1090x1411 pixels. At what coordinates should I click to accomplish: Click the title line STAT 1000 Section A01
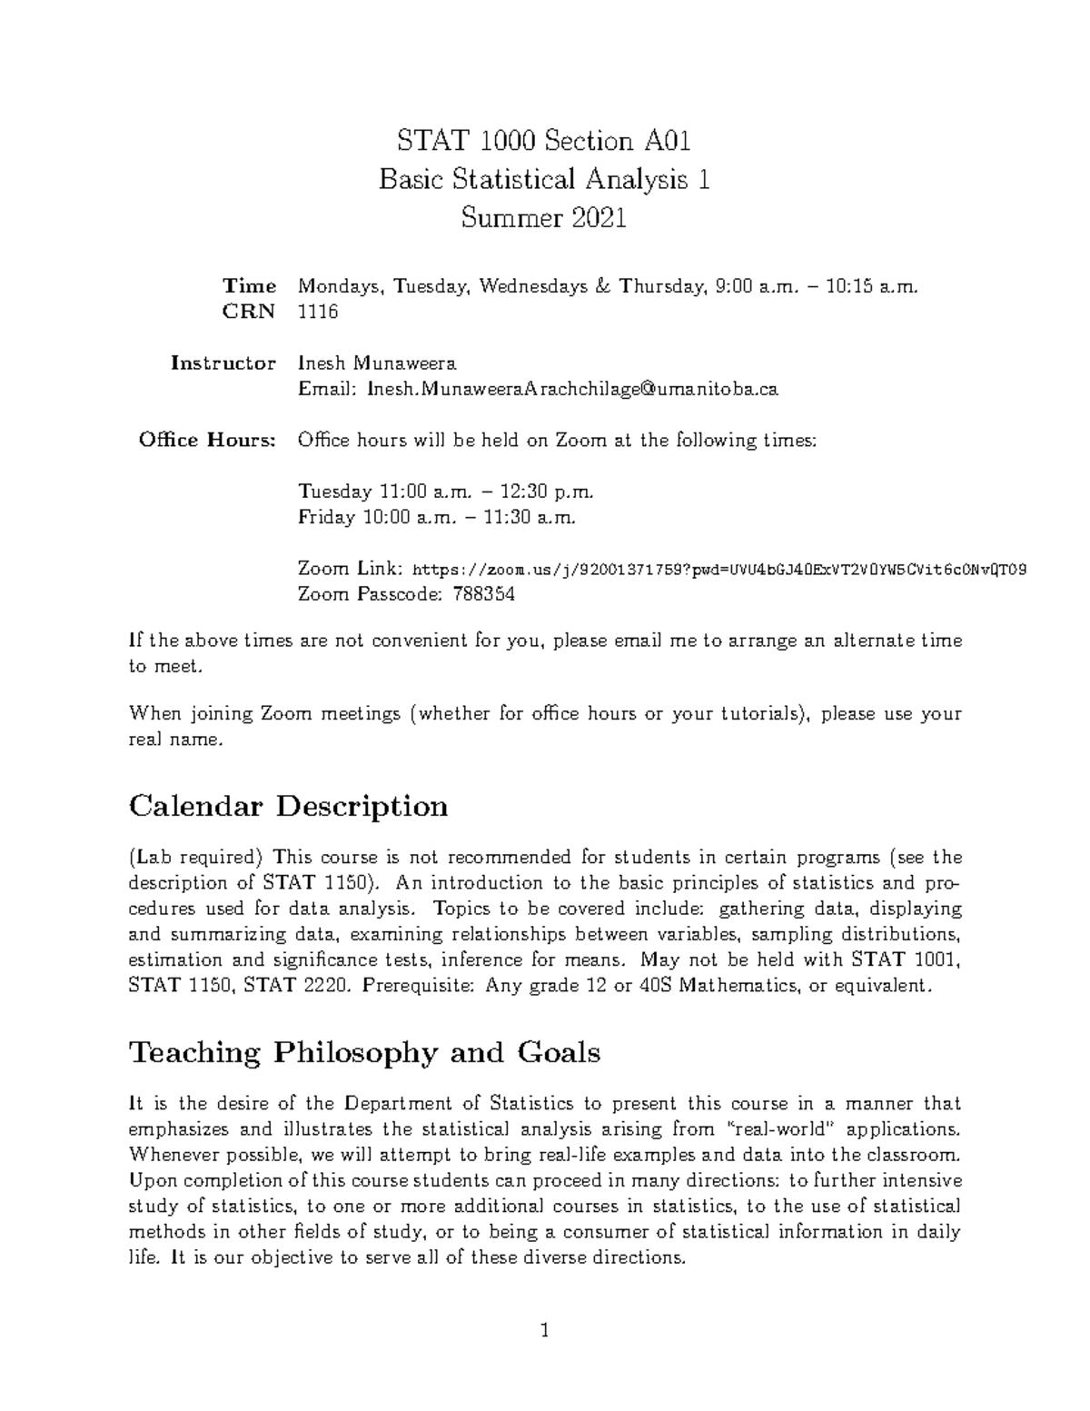[x=544, y=141]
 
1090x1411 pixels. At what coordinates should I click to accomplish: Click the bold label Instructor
[x=223, y=363]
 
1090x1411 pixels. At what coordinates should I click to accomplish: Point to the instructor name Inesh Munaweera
[x=378, y=363]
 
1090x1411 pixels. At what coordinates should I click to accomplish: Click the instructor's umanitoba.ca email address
[x=572, y=390]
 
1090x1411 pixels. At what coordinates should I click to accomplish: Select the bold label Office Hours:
[x=207, y=441]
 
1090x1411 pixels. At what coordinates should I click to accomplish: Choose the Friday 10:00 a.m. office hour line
[x=437, y=518]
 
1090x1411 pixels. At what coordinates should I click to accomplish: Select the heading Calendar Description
[x=289, y=806]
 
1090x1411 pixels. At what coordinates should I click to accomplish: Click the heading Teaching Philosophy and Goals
[x=365, y=1053]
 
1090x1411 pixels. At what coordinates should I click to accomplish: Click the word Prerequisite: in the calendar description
[x=416, y=986]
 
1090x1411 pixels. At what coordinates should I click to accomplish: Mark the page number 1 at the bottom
[x=545, y=1332]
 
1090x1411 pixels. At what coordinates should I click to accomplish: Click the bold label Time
[x=250, y=286]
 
